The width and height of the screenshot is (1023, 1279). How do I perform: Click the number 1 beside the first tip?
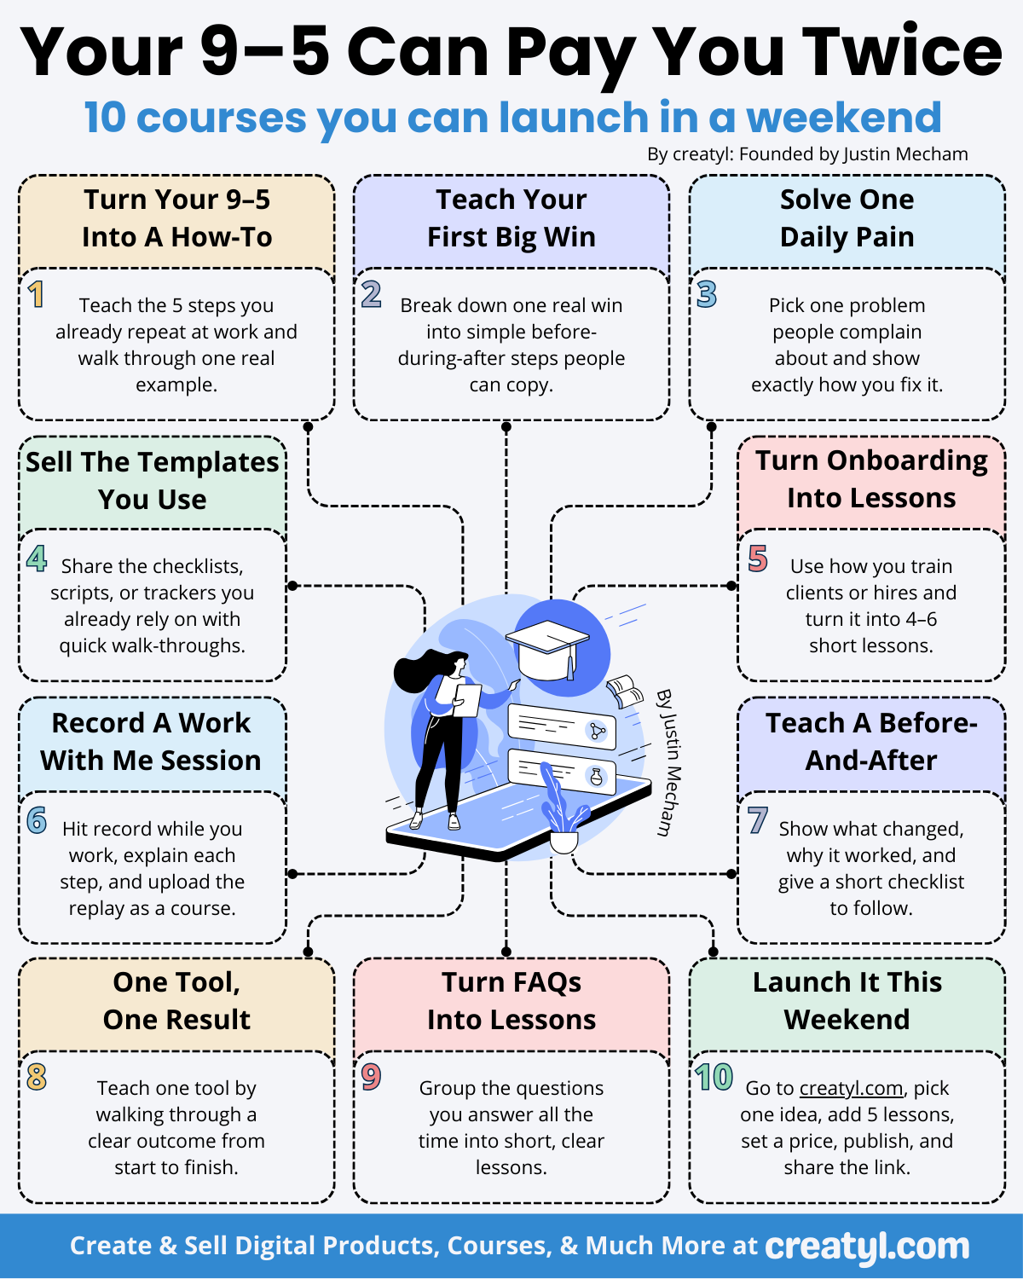tap(36, 295)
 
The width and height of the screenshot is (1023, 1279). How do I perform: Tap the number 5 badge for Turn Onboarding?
tap(758, 559)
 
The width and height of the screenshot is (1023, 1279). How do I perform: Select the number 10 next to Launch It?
tap(714, 1078)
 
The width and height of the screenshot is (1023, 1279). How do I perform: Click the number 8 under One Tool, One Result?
tap(37, 1078)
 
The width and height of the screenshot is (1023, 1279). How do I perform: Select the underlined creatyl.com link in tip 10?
tap(851, 1089)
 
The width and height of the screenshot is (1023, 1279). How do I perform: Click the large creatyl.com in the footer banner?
tap(867, 1247)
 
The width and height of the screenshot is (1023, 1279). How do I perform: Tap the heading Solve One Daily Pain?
tap(847, 218)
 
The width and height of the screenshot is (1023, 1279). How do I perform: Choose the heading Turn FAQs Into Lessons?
tap(511, 1001)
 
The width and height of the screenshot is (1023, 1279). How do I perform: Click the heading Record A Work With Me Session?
tap(152, 742)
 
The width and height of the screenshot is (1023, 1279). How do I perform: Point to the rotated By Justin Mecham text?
tap(670, 761)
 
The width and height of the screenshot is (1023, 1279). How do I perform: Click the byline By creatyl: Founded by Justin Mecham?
tap(807, 154)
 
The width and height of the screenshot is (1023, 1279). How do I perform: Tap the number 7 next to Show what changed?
tap(757, 820)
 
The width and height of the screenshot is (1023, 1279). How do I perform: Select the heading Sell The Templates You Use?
tap(153, 481)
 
